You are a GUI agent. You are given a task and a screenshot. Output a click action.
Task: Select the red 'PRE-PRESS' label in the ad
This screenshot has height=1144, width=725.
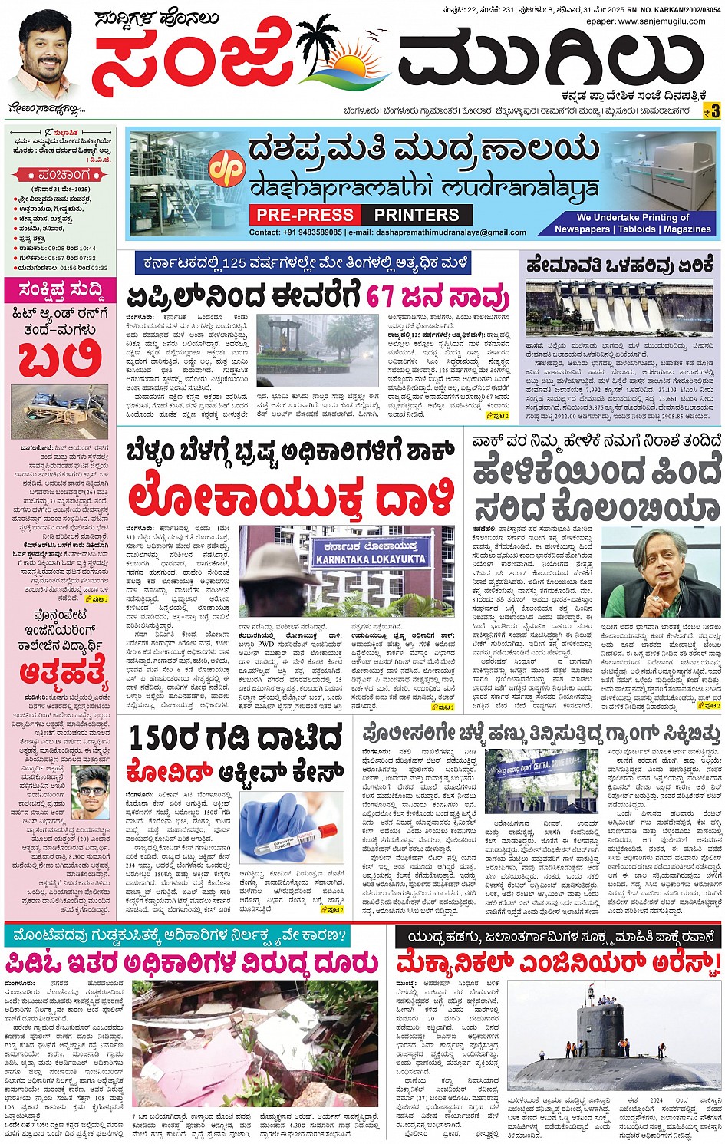(x=305, y=215)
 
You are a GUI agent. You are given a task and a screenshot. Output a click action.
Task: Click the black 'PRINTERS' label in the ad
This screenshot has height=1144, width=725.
(x=417, y=215)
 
